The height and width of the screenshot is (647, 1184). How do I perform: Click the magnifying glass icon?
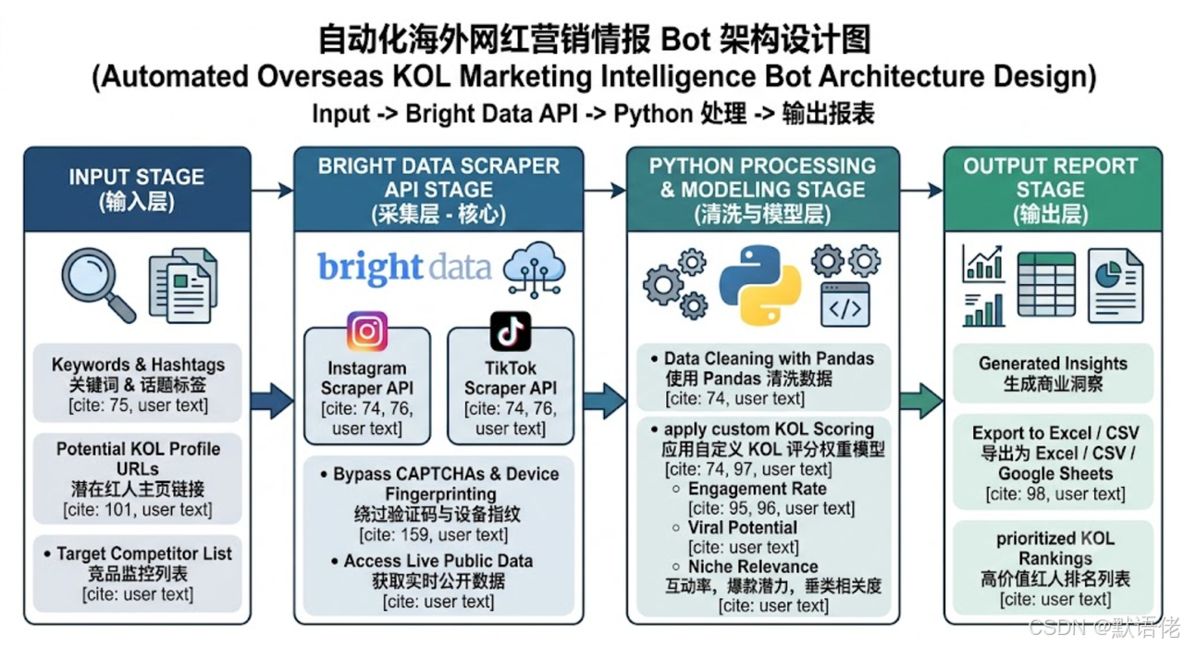(98, 284)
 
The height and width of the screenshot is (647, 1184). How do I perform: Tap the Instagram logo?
(367, 331)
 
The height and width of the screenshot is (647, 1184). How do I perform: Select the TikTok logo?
(510, 331)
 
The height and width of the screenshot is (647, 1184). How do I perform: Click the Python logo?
(760, 285)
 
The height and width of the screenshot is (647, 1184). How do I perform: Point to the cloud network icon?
(534, 269)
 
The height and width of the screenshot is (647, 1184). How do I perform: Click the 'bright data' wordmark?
(404, 268)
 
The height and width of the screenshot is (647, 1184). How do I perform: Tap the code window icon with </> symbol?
(845, 305)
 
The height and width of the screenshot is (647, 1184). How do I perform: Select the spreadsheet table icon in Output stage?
(1046, 284)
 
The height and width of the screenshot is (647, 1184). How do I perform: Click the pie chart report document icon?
(1116, 285)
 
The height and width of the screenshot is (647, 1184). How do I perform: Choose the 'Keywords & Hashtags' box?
(138, 383)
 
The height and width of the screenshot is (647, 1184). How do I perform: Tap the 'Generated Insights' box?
(1053, 373)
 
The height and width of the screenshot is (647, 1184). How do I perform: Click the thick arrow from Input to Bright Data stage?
(272, 401)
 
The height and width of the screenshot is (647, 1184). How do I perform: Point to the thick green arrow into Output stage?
(921, 401)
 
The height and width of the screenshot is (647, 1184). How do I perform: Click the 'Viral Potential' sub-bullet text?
(743, 528)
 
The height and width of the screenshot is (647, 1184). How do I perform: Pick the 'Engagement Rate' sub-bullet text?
(757, 489)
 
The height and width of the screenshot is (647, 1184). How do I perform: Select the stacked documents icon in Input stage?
(183, 285)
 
